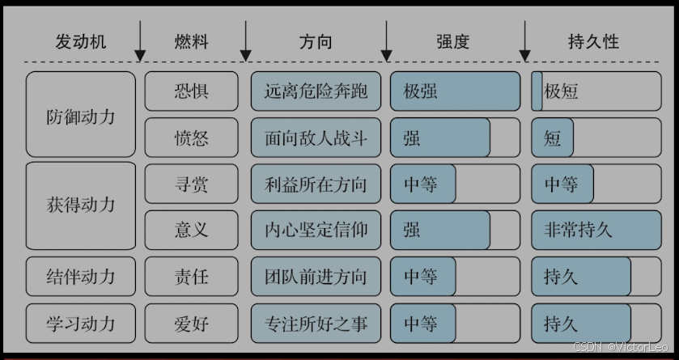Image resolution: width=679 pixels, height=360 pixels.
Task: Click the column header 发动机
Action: [81, 42]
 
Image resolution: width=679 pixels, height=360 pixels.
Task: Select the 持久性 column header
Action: [594, 42]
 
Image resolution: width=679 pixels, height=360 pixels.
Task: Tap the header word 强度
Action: [453, 42]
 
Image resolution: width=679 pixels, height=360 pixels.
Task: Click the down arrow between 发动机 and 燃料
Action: [140, 41]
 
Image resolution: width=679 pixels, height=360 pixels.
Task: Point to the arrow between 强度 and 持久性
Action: [525, 41]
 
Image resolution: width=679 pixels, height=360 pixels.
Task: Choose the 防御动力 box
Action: [81, 114]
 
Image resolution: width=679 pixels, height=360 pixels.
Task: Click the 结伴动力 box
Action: [81, 277]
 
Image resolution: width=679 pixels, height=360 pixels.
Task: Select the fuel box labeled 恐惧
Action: [192, 91]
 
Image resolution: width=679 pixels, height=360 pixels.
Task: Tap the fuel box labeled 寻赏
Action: [192, 184]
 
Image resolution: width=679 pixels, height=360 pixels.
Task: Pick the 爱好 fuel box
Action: [192, 324]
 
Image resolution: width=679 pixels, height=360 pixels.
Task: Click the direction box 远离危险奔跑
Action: [316, 91]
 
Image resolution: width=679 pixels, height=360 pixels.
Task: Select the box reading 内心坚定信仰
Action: [316, 230]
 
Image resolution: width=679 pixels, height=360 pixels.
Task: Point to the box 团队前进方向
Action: [316, 277]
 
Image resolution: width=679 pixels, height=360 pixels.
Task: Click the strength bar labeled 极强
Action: [455, 91]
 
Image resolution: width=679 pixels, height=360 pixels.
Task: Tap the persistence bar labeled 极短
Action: [596, 91]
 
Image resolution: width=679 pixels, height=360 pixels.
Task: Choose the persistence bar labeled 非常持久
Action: [596, 230]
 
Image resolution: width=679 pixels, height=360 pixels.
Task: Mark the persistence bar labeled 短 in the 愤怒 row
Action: [596, 138]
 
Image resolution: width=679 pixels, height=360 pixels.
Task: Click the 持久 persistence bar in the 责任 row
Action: [596, 277]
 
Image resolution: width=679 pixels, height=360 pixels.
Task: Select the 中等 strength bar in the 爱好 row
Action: [455, 324]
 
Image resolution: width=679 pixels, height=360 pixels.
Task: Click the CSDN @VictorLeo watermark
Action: [621, 347]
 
